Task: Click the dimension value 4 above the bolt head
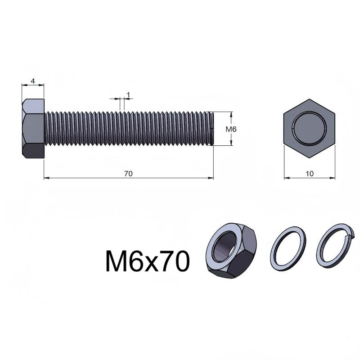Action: tap(33, 81)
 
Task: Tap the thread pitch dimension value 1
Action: tap(128, 94)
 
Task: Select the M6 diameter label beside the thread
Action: tap(231, 129)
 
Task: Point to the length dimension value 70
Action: tap(128, 174)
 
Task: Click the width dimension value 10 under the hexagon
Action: tap(310, 174)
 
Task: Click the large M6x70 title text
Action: tap(148, 261)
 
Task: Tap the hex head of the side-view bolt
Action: tap(33, 129)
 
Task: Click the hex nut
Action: tap(231, 251)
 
